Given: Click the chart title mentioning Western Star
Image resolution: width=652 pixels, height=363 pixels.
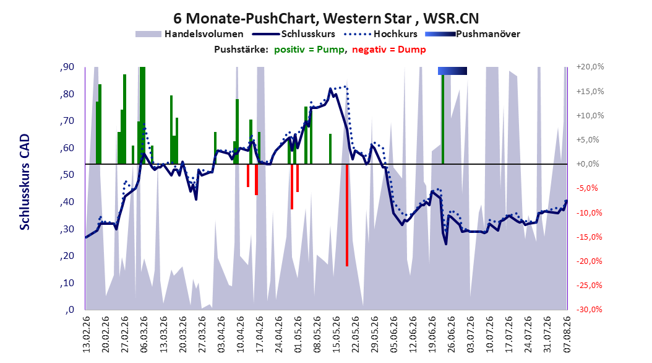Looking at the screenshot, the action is coord(326,19).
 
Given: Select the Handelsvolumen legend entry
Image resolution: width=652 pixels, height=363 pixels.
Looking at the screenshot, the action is coord(190,34).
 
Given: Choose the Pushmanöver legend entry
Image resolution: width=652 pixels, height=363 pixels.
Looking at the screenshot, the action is coord(473,34).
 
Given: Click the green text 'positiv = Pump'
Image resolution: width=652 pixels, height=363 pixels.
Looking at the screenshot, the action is coord(309,50).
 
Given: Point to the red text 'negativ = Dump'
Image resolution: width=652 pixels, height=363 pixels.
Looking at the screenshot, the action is coord(389,50).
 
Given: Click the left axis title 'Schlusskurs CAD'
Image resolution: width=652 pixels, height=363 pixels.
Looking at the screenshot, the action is coord(25,181).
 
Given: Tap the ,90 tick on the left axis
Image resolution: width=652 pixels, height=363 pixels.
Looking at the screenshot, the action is coord(67,67).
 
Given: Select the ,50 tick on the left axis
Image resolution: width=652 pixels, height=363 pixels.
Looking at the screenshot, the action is coord(67,175).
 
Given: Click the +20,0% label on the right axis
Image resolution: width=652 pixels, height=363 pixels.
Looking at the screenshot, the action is coord(590,67).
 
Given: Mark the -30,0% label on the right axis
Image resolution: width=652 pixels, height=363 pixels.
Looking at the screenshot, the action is coord(590,309).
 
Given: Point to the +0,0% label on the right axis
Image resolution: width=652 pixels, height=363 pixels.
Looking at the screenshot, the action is coord(588,164).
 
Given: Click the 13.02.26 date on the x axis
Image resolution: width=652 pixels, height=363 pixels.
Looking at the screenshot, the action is coord(87,335).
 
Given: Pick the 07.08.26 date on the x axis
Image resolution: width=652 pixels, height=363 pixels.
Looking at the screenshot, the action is coord(567,335).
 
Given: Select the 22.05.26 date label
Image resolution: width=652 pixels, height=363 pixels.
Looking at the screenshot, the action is coord(356,335).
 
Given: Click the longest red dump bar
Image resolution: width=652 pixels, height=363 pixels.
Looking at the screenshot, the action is coord(347,215).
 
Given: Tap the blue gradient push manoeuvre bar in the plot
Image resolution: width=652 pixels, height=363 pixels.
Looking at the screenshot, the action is coord(452,71).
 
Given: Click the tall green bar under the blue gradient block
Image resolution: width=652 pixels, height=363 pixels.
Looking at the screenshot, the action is coord(443,119).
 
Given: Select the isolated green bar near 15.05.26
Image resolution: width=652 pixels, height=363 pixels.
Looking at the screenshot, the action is coord(330,149).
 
